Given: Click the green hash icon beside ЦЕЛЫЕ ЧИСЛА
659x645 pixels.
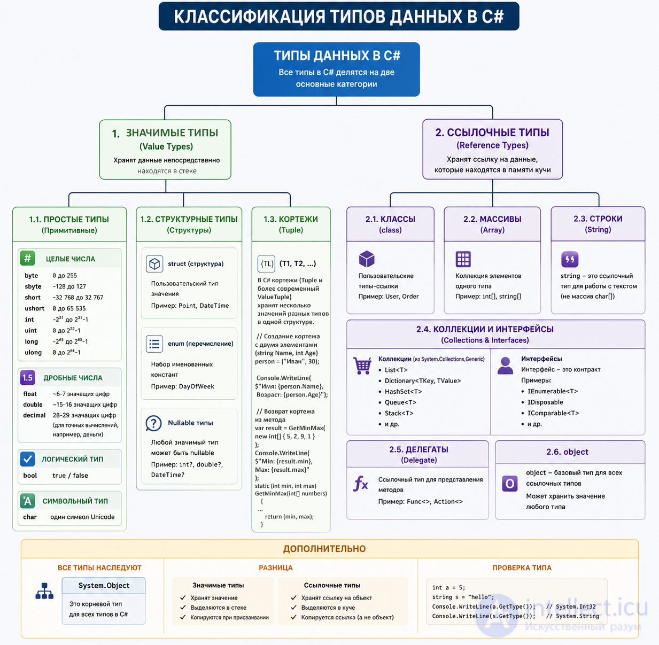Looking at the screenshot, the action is click(x=27, y=258).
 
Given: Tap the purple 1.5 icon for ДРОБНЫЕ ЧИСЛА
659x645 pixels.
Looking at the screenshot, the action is click(x=27, y=378).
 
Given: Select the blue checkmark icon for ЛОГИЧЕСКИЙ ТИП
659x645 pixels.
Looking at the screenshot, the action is click(x=27, y=459).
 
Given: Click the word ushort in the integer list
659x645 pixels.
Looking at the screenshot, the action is click(x=35, y=308).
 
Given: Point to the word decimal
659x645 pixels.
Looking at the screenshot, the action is click(x=34, y=415).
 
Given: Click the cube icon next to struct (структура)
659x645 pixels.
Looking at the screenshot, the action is click(x=154, y=263).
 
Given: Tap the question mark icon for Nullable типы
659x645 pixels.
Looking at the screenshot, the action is click(x=153, y=423).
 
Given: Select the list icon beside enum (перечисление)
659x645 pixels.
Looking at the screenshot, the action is click(x=154, y=344).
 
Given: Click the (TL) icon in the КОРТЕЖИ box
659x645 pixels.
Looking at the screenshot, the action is click(x=266, y=263).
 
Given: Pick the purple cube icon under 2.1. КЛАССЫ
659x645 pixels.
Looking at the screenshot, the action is click(x=367, y=259).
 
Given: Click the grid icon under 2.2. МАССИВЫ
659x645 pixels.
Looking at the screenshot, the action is click(x=463, y=259).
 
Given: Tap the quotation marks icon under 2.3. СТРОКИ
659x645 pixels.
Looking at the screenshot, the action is click(x=570, y=259).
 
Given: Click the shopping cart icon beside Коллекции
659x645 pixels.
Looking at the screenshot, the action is click(x=362, y=366).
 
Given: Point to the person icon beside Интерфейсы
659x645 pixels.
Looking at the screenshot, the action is click(x=505, y=366).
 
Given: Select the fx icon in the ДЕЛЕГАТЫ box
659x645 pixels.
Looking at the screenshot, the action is click(x=361, y=484).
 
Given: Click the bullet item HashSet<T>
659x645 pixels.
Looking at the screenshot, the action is click(x=403, y=391).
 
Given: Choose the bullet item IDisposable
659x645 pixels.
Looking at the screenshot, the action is click(x=545, y=402).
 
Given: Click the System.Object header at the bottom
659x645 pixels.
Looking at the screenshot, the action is click(x=104, y=586).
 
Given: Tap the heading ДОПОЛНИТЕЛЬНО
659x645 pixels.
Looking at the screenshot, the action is click(x=324, y=549).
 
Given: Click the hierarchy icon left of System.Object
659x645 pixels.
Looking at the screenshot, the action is click(x=44, y=591).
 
